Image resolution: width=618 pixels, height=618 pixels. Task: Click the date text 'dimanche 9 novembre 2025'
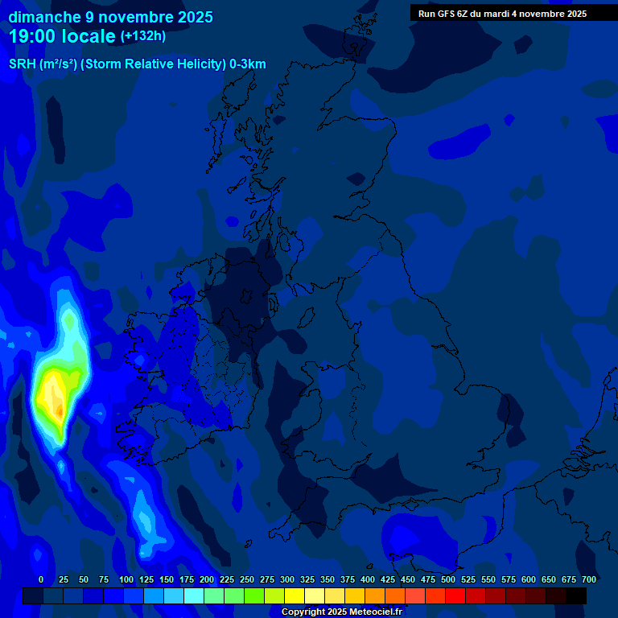click(110, 17)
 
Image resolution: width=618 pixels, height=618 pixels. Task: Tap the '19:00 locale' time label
click(62, 36)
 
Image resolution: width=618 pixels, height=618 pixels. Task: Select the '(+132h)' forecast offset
click(143, 36)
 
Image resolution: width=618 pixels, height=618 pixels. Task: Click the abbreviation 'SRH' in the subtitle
click(22, 64)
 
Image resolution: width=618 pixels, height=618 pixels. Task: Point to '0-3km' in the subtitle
click(247, 64)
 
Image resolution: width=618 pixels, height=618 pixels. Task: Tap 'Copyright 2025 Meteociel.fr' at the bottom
click(341, 612)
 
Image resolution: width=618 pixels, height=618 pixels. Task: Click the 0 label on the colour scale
click(41, 579)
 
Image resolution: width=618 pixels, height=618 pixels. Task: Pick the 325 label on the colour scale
click(307, 579)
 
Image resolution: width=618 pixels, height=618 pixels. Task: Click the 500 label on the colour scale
click(448, 579)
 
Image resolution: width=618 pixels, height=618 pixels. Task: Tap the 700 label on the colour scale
click(589, 579)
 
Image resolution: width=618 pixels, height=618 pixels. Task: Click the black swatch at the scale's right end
click(576, 595)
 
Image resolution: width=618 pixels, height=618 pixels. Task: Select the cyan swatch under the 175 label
click(194, 595)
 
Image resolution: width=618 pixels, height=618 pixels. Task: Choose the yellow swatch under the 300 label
click(295, 595)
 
